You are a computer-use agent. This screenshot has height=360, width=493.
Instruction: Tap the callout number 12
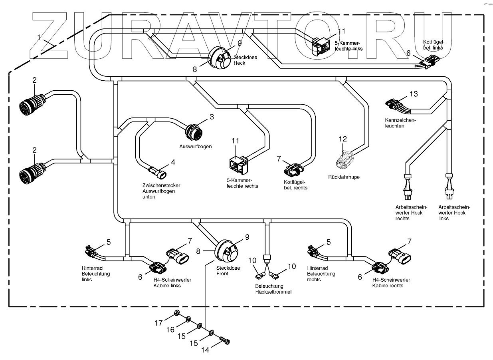tap(343, 139)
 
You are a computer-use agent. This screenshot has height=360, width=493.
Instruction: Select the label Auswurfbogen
tap(195, 146)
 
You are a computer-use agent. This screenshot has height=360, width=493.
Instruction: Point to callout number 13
tap(413, 94)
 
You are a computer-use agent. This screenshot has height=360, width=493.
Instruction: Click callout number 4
tap(173, 162)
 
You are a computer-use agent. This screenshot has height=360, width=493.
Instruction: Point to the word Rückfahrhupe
tap(344, 177)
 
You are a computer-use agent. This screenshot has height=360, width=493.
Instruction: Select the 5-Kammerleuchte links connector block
tap(321, 44)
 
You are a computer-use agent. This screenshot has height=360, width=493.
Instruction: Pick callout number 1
tap(39, 37)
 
